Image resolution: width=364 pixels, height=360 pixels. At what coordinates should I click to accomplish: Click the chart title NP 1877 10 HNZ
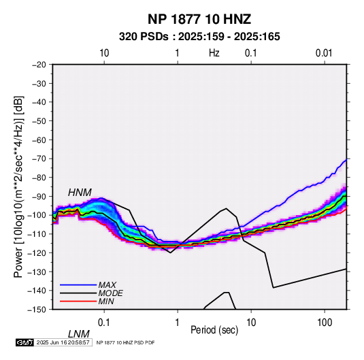(x=199, y=19)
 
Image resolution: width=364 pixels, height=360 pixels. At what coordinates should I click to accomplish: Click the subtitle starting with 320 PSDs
(x=199, y=37)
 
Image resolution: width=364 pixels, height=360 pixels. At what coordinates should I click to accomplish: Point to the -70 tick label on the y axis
(x=39, y=159)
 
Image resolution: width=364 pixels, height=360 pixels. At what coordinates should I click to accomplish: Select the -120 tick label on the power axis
(x=37, y=253)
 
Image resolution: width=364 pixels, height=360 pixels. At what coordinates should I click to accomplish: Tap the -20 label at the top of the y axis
(x=39, y=65)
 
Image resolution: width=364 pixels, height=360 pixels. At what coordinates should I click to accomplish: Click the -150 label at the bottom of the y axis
(x=37, y=310)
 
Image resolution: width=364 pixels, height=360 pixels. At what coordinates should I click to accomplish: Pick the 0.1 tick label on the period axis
(x=104, y=322)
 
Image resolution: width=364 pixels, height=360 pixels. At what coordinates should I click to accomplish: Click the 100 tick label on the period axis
(x=325, y=322)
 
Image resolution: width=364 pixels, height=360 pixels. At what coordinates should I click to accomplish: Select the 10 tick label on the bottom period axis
(x=251, y=322)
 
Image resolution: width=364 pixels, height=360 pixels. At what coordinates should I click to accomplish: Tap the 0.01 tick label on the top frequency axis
(x=324, y=53)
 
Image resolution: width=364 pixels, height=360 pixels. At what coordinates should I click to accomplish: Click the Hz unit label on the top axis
(x=214, y=53)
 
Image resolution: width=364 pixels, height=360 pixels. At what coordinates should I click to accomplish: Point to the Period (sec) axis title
(x=214, y=330)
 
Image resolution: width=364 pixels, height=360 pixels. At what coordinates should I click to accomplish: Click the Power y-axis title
(x=18, y=186)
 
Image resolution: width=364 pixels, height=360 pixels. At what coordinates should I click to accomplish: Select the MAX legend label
(x=107, y=284)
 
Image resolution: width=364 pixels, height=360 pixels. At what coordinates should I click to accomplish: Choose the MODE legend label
(x=110, y=293)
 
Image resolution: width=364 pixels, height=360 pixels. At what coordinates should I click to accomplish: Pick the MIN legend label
(x=106, y=301)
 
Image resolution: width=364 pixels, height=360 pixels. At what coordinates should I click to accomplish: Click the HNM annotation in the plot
(x=80, y=193)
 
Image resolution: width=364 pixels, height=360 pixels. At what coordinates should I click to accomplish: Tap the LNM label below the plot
(x=78, y=334)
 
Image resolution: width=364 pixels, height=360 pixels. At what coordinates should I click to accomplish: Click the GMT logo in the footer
(x=24, y=342)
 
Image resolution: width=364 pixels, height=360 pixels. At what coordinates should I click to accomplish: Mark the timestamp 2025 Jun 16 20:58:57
(x=63, y=342)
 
